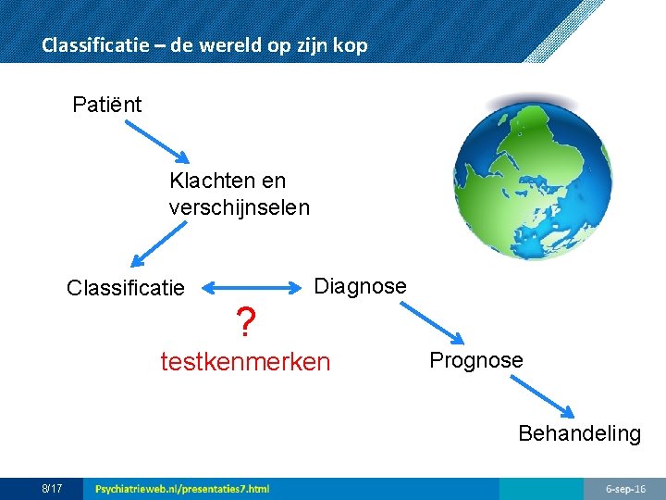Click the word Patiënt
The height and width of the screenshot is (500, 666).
107,105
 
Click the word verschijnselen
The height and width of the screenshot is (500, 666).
239,206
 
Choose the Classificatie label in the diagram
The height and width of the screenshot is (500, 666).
125,289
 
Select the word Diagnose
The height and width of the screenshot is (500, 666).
360,286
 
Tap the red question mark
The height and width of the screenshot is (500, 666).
245,324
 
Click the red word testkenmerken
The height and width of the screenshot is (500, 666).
245,361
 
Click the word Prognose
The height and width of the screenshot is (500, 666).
475,360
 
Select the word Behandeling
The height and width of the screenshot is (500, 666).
579,433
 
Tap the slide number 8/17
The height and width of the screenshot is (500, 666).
52,488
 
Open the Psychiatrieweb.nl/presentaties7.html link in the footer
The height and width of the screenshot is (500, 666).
182,488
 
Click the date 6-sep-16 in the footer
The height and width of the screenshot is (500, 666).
625,488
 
